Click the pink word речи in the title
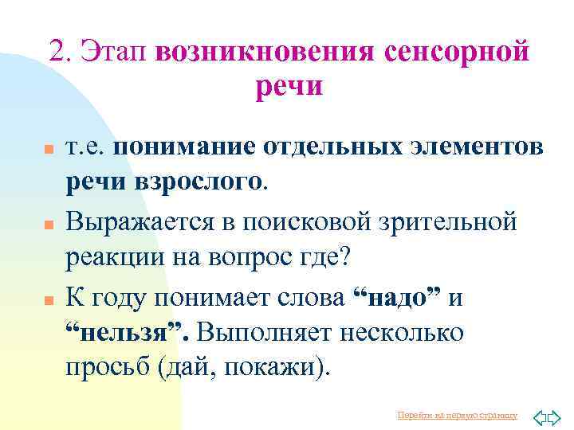tap(289, 85)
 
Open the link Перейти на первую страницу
tap(457, 415)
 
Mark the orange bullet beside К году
tap(49, 299)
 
